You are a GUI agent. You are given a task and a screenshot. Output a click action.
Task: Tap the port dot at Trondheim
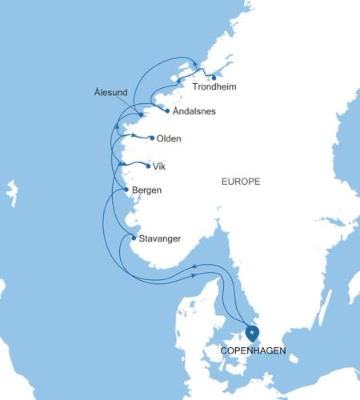point(214,78)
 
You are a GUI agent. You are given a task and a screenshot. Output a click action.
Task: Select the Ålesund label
point(110,93)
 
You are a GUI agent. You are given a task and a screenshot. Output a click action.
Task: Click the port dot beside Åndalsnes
point(166,110)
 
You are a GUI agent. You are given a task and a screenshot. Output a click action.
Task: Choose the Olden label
point(169,138)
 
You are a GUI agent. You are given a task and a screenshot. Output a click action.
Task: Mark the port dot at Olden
point(151,138)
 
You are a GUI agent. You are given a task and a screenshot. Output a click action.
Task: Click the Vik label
point(162,166)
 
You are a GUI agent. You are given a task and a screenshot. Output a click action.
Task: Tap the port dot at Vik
point(148,166)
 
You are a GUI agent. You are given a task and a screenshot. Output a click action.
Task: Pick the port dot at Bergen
point(126,189)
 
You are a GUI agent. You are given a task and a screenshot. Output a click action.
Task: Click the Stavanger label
point(159,238)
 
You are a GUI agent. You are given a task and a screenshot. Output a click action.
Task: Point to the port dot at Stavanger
point(133,237)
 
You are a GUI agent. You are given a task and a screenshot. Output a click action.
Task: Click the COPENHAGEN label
point(252,350)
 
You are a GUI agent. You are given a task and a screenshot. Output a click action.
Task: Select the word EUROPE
point(241,182)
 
